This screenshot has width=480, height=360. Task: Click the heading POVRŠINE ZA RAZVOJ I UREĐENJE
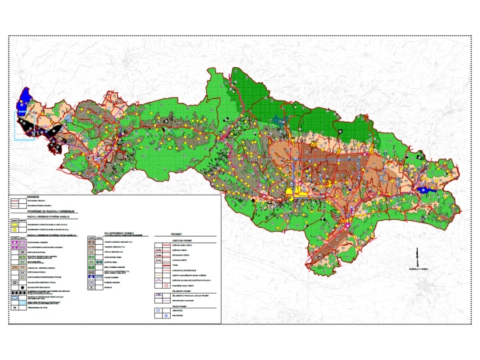[49, 212]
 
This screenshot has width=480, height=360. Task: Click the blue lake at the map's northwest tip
[22, 101]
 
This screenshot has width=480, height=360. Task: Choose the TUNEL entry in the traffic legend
[176, 265]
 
